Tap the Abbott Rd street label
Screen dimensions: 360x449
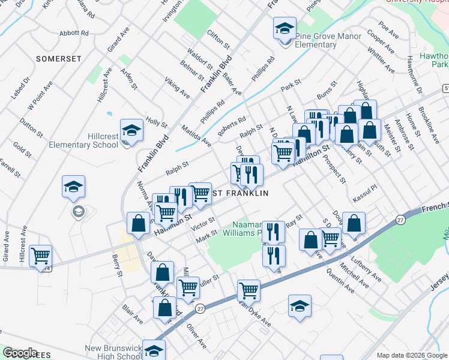[74, 33]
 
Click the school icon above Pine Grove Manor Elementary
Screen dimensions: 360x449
[285, 29]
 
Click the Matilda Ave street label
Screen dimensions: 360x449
[198, 136]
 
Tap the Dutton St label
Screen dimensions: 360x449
[27, 125]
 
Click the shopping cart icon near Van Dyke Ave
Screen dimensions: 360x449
[248, 291]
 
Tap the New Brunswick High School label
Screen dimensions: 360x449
[114, 352]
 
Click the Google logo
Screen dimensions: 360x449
[20, 353]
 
